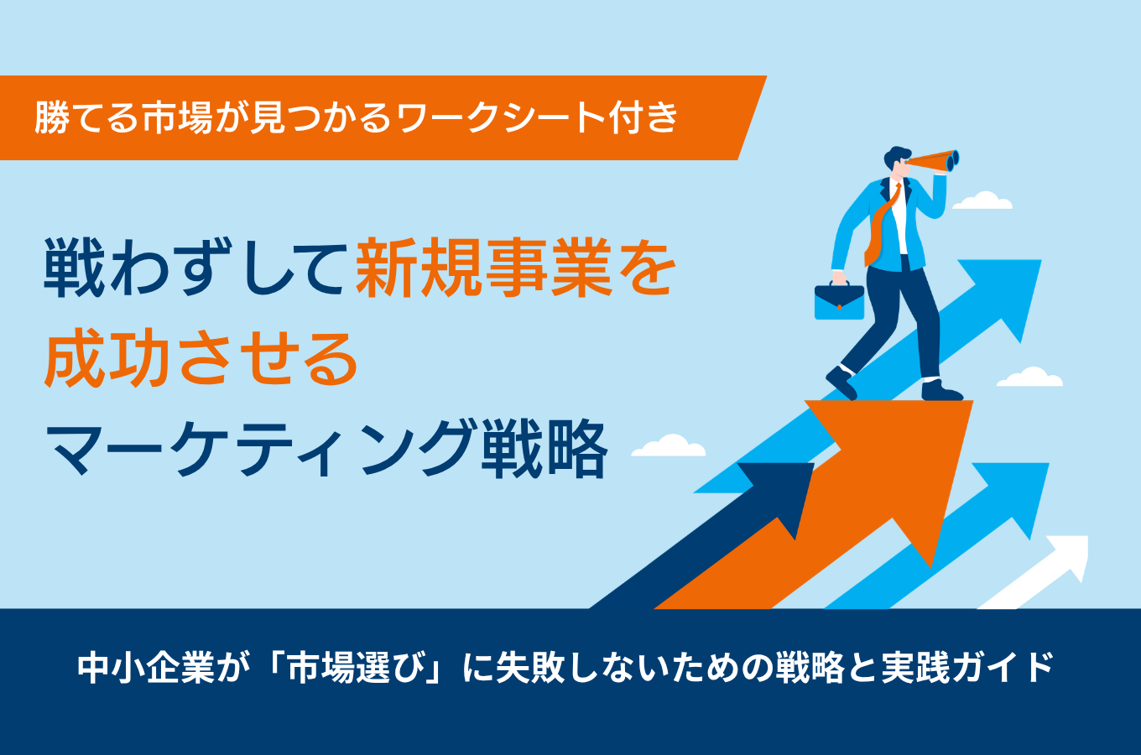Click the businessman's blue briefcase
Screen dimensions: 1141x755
839,302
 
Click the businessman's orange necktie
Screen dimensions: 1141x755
881,224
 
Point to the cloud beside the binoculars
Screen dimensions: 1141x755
982,200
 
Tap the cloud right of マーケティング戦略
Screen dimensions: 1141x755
669,445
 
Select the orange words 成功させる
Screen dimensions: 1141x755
201,359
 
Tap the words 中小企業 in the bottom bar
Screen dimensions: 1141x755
146,667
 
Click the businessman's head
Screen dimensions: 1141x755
898,161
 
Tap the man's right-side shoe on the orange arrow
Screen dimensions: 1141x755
941,390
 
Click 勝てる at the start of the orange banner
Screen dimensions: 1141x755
87,118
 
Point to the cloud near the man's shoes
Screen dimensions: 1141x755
1029,377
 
